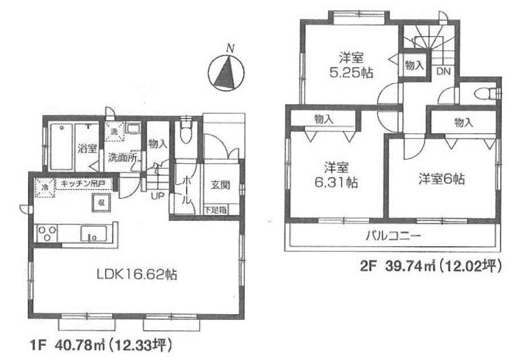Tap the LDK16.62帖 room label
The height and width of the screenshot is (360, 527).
[x=136, y=275]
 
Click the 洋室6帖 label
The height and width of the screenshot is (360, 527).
[x=441, y=179]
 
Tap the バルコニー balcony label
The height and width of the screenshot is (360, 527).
[x=393, y=235]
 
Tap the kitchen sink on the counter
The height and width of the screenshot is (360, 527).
[x=91, y=234]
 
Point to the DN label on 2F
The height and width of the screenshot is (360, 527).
[x=443, y=72]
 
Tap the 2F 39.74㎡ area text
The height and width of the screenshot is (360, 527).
[x=430, y=266]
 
